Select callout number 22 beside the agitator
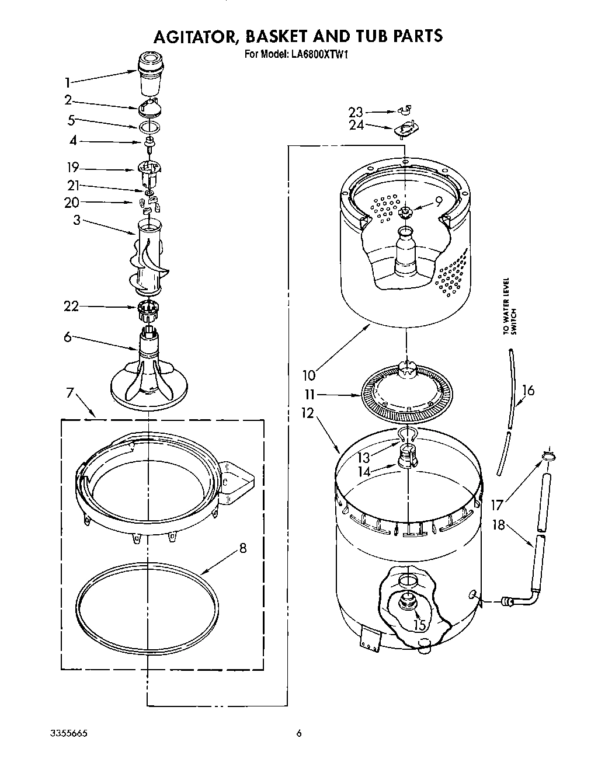tap(71, 305)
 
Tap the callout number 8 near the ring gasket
tap(242, 548)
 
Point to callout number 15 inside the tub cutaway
tap(419, 624)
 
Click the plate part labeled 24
tap(406, 128)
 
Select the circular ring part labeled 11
tap(403, 397)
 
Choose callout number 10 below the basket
tap(308, 374)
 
